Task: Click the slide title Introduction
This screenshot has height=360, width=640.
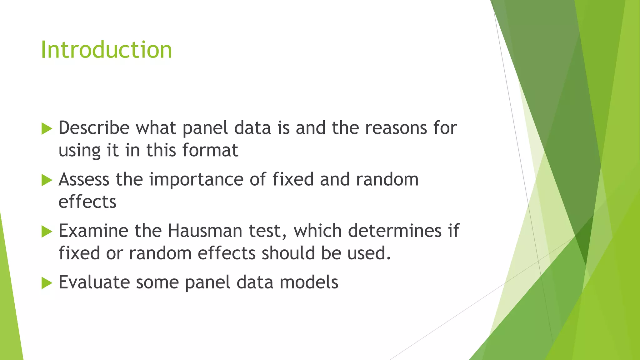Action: pyautogui.click(x=106, y=50)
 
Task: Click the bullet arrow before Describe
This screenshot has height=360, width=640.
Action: pyautogui.click(x=47, y=129)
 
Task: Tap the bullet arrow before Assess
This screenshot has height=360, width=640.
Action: pyautogui.click(x=47, y=180)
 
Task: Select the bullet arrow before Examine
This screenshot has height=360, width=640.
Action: pyautogui.click(x=47, y=232)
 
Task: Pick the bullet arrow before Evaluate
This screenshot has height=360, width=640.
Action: pyautogui.click(x=47, y=283)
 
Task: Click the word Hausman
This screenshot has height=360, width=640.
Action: pyautogui.click(x=205, y=231)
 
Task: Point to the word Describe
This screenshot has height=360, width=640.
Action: pyautogui.click(x=94, y=128)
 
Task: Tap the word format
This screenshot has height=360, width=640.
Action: pyautogui.click(x=210, y=150)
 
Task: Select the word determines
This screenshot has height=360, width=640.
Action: pyautogui.click(x=395, y=231)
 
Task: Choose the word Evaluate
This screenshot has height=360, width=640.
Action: pyautogui.click(x=94, y=282)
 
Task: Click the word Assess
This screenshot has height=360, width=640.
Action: pyautogui.click(x=84, y=180)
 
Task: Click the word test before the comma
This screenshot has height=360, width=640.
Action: pyautogui.click(x=267, y=231)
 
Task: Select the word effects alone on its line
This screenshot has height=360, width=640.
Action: pyautogui.click(x=87, y=202)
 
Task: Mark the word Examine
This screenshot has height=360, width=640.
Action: pyautogui.click(x=93, y=231)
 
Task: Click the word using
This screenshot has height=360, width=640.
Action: pyautogui.click(x=79, y=151)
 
